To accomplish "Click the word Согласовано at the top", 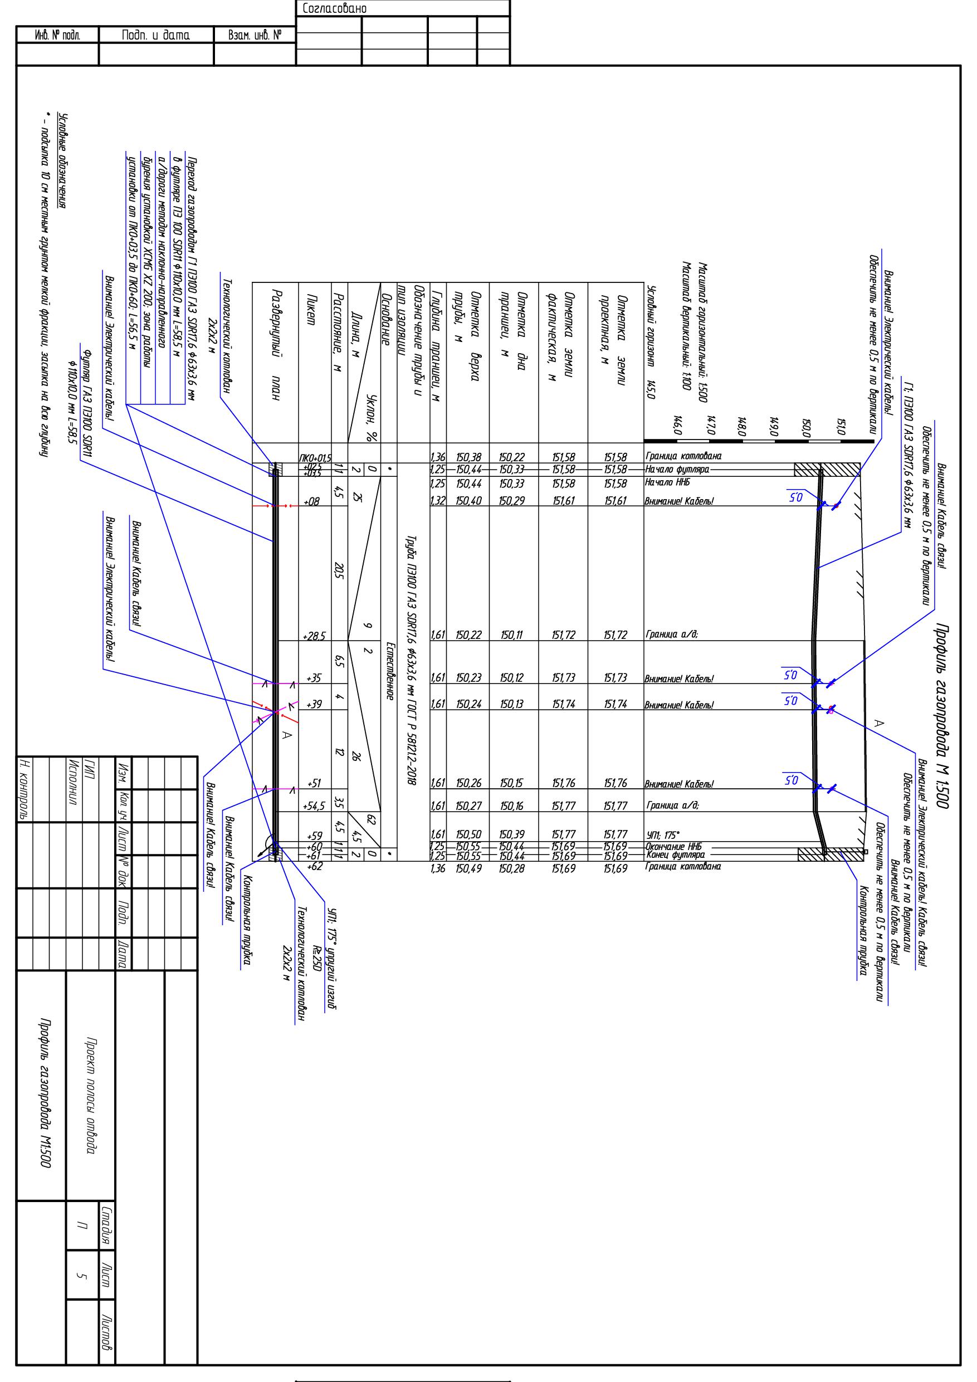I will (x=335, y=8).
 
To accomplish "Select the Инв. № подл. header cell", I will (x=57, y=36).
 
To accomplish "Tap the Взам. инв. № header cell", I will (x=255, y=36).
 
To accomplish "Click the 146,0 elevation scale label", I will (x=677, y=425).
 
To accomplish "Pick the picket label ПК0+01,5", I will (x=315, y=458).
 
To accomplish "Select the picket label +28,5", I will (x=315, y=636).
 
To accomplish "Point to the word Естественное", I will (x=389, y=671).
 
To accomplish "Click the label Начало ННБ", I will (x=667, y=482).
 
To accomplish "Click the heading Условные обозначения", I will (x=62, y=162).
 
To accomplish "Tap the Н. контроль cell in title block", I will (x=24, y=789).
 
